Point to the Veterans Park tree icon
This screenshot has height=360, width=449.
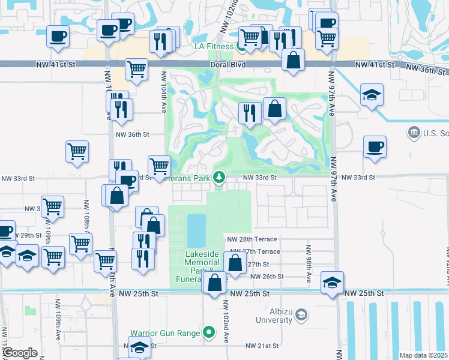pyautogui.click(x=220, y=178)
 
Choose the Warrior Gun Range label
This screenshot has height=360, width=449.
pyautogui.click(x=167, y=331)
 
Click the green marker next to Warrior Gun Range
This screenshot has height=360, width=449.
pyautogui.click(x=209, y=331)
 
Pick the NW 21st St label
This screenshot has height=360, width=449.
pyautogui.click(x=263, y=346)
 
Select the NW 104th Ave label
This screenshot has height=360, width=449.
pyautogui.click(x=164, y=88)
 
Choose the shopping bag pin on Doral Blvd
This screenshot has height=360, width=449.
pyautogui.click(x=292, y=61)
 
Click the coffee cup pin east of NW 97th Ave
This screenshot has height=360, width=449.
pyautogui.click(x=375, y=148)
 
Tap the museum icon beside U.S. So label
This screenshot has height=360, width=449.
pyautogui.click(x=413, y=132)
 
